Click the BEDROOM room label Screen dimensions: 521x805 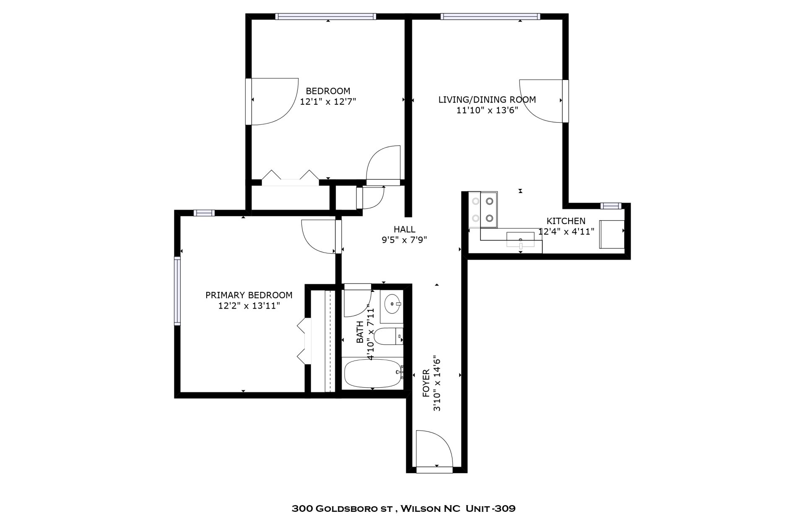coord(328,91)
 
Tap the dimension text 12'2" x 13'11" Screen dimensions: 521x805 coord(249,306)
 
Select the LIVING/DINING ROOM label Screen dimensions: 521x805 coord(487,100)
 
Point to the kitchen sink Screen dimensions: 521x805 coord(520,240)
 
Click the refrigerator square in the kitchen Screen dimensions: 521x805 coord(611,234)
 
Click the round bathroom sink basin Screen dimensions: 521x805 coord(392,303)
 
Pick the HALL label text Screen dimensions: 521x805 coord(404,229)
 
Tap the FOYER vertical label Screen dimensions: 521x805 coord(426,383)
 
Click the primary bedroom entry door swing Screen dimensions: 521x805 coord(318,237)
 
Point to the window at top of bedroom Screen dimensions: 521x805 coord(325,16)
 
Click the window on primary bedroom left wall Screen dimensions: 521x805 coord(177,291)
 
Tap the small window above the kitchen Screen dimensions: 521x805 coord(610,206)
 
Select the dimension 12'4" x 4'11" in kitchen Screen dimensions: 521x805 coord(566,231)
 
